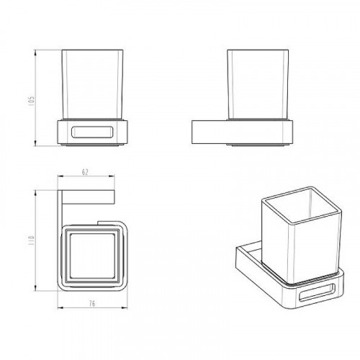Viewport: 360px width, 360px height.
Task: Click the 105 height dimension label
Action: tap(32, 101)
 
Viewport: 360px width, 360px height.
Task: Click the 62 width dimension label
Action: tap(85, 172)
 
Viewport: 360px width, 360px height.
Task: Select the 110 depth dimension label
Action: tap(32, 240)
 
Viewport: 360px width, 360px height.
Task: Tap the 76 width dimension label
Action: tap(92, 304)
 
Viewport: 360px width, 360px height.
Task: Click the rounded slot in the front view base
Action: tap(92, 132)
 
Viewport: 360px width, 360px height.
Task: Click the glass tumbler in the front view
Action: tap(93, 84)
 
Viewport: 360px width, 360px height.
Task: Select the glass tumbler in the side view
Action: tap(258, 84)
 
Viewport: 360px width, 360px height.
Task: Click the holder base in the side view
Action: tap(242, 132)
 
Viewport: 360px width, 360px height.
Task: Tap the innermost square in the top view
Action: tap(92, 256)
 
